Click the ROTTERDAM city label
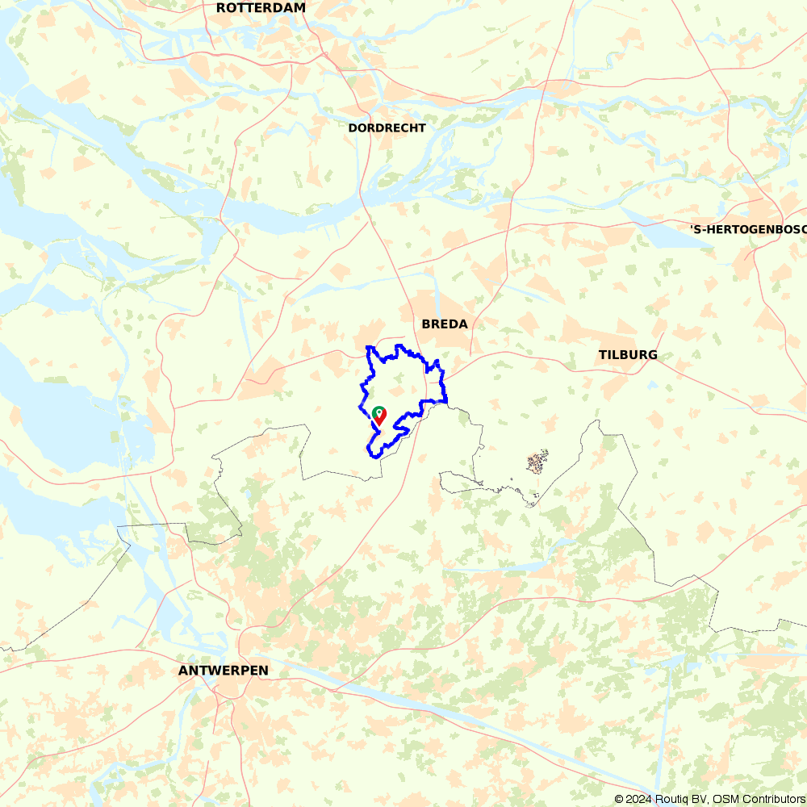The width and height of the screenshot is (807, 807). click(x=261, y=8)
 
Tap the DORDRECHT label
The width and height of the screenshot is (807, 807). click(x=387, y=128)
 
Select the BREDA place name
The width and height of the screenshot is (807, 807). click(x=444, y=324)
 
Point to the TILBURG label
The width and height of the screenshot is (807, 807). click(x=628, y=355)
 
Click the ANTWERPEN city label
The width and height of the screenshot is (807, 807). click(x=223, y=671)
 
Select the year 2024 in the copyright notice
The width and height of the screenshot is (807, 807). click(x=637, y=799)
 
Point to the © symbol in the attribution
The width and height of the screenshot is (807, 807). click(x=619, y=799)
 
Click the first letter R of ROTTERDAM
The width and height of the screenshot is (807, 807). click(x=221, y=8)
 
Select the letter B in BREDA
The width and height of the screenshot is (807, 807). click(x=426, y=324)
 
